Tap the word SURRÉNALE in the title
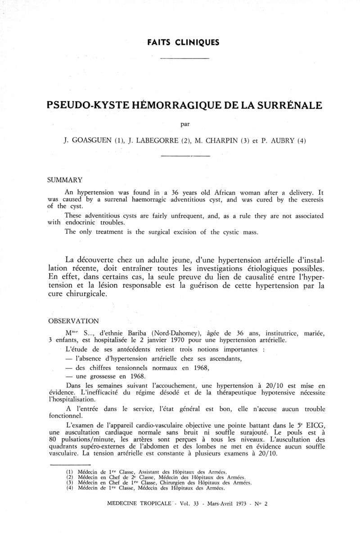pyautogui.click(x=284, y=106)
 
